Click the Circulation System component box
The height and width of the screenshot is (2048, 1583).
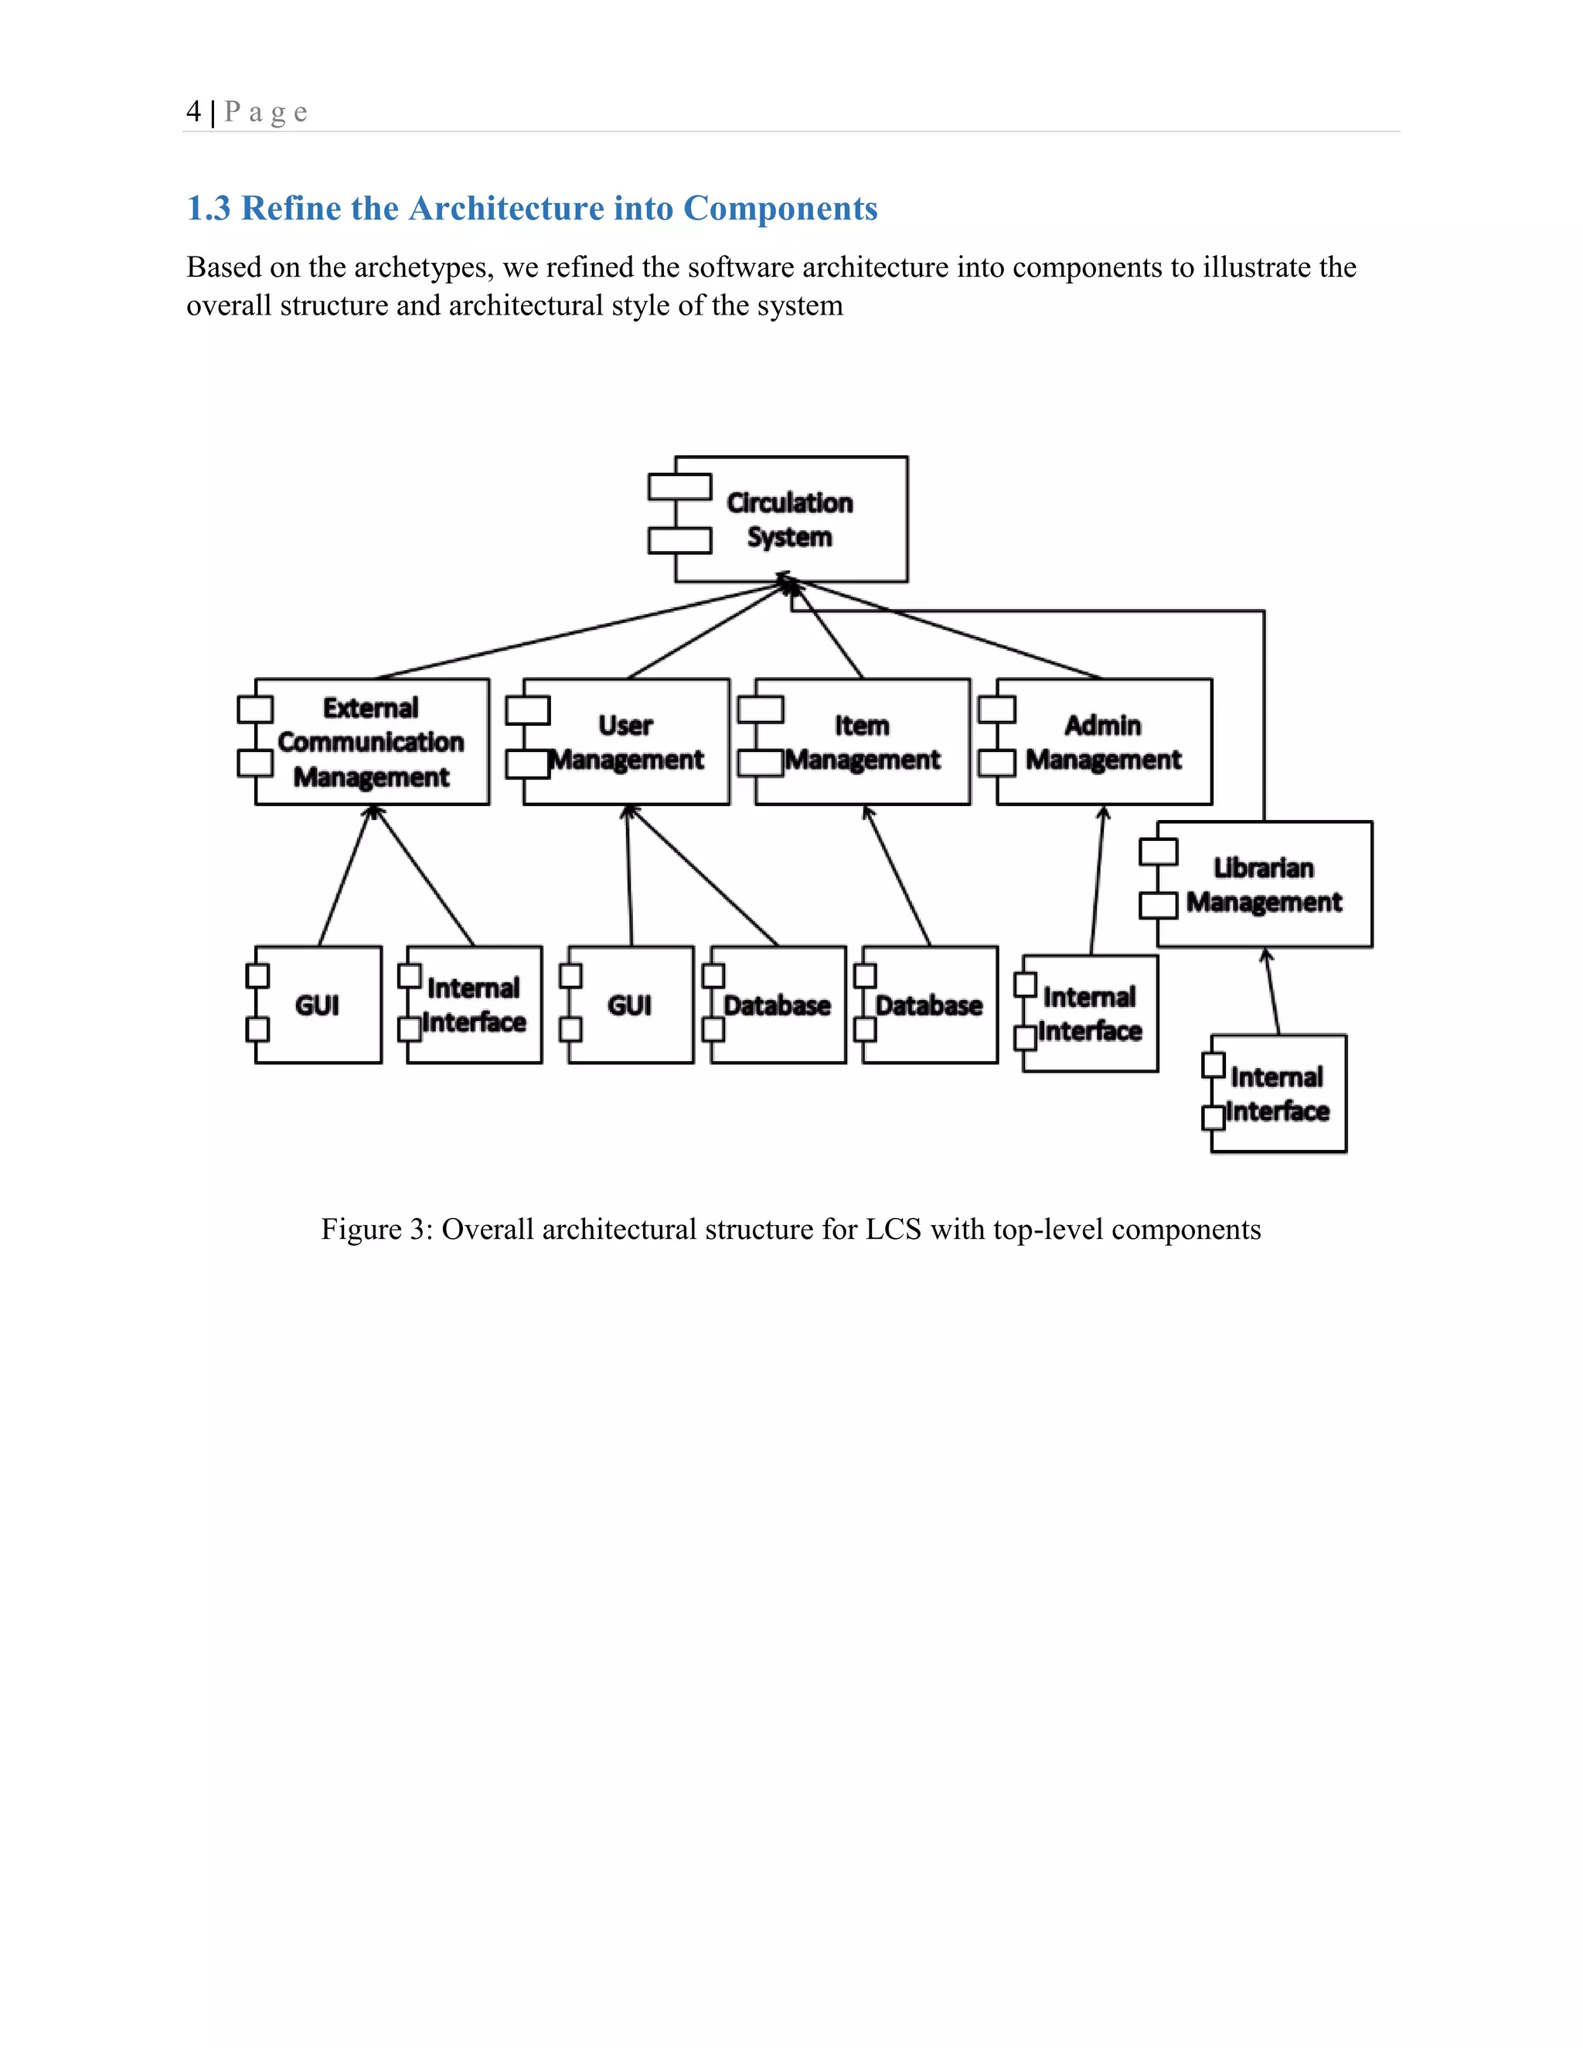click(791, 519)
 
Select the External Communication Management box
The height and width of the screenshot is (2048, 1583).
click(371, 742)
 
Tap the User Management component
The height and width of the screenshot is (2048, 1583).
click(625, 742)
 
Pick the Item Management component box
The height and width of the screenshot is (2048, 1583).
click(862, 742)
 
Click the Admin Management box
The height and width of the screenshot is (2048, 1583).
click(1103, 742)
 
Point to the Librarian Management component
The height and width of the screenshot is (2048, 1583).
click(1263, 884)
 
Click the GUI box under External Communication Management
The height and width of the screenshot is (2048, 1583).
click(317, 1005)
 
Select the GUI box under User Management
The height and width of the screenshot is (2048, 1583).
click(629, 1005)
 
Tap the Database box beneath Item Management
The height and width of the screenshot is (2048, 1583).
click(928, 1005)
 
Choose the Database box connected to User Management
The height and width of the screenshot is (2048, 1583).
click(777, 1005)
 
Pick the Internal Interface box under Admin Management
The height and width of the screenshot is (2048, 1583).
click(1090, 1014)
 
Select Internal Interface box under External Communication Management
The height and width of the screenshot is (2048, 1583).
click(474, 1005)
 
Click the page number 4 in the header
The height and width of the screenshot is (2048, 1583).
click(193, 111)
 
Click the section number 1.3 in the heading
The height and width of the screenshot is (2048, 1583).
click(208, 208)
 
